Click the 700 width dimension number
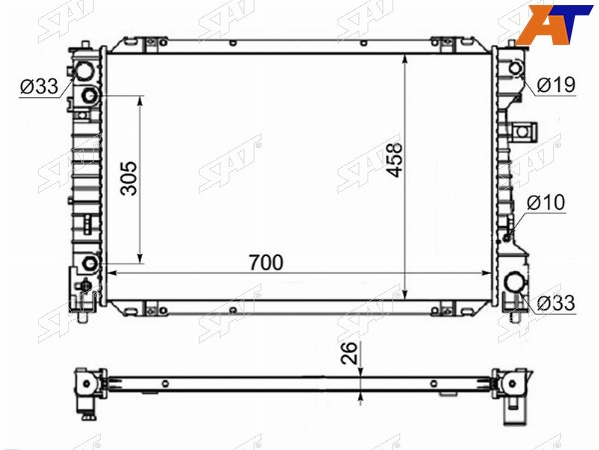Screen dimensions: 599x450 [266, 262]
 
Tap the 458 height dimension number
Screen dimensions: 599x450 [394, 160]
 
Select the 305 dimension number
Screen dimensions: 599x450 [129, 178]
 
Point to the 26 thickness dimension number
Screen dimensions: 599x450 [349, 352]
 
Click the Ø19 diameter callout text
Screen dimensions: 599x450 [556, 85]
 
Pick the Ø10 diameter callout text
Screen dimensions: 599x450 [546, 202]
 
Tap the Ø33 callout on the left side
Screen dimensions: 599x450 [39, 86]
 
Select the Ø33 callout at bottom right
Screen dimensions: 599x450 [556, 303]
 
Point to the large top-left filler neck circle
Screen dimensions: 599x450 [84, 71]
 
